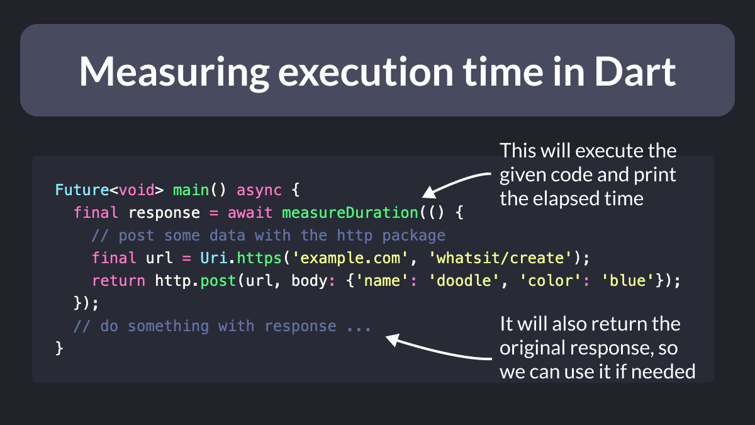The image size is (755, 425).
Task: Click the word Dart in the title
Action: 635,72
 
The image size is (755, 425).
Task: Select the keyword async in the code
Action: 259,190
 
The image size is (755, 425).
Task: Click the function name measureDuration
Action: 350,213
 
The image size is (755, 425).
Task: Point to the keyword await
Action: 250,213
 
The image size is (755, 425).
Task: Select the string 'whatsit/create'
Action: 501,258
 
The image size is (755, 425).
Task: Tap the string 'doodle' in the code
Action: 464,281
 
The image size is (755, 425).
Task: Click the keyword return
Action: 118,281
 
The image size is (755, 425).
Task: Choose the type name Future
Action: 82,190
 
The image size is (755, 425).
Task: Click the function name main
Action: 191,190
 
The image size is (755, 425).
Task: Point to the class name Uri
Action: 214,258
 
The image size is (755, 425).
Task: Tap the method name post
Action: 218,281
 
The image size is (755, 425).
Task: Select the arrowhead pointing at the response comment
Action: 393,339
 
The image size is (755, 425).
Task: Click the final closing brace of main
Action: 59,348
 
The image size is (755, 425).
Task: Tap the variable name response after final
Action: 164,213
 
